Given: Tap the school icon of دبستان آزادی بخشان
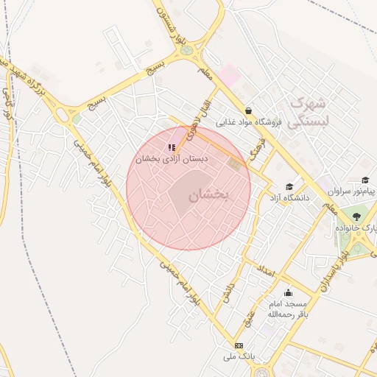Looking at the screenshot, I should click(x=172, y=147).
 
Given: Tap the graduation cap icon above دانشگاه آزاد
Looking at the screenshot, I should click(x=289, y=186).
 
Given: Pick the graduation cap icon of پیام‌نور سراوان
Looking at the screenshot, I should click(x=365, y=180).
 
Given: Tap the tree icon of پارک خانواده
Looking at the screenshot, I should click(x=356, y=216).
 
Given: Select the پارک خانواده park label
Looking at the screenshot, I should click(x=356, y=229).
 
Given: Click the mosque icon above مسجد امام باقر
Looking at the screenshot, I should click(x=288, y=292).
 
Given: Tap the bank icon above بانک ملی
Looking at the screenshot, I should click(x=239, y=345).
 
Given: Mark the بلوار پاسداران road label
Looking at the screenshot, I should click(x=334, y=272).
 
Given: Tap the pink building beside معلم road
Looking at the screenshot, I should click(x=229, y=74).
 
